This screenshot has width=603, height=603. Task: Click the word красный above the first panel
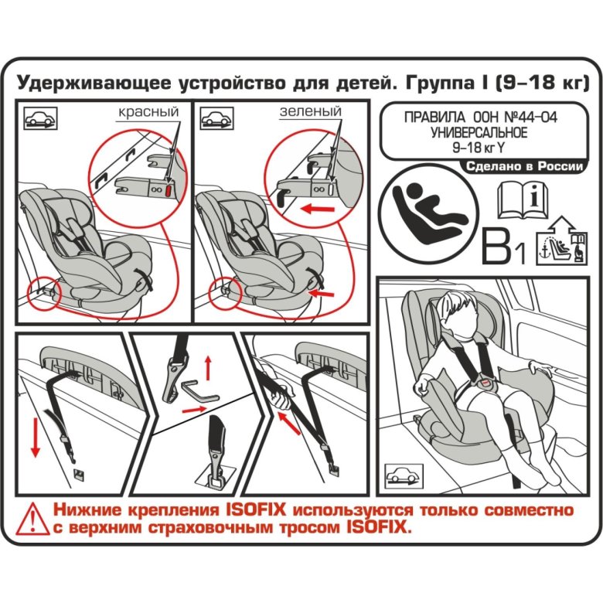click(x=148, y=112)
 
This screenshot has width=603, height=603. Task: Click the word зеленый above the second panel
click(x=310, y=112)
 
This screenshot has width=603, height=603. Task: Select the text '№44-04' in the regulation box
click(x=526, y=118)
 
